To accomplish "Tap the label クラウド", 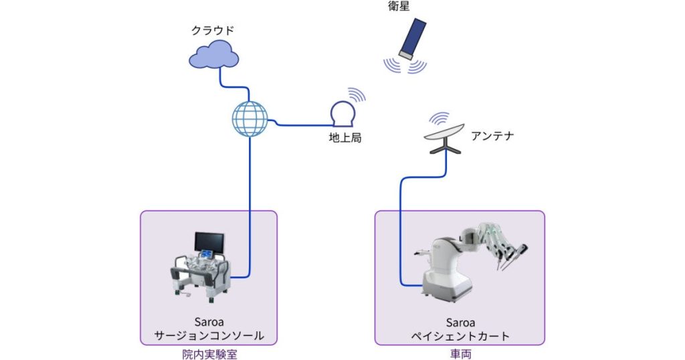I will (x=213, y=30).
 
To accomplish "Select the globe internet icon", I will (x=250, y=119).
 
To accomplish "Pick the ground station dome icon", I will (x=345, y=114).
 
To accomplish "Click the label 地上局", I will (x=345, y=139).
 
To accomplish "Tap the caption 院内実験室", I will (x=209, y=354).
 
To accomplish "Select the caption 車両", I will (x=461, y=354).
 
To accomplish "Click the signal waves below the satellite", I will (x=405, y=66).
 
